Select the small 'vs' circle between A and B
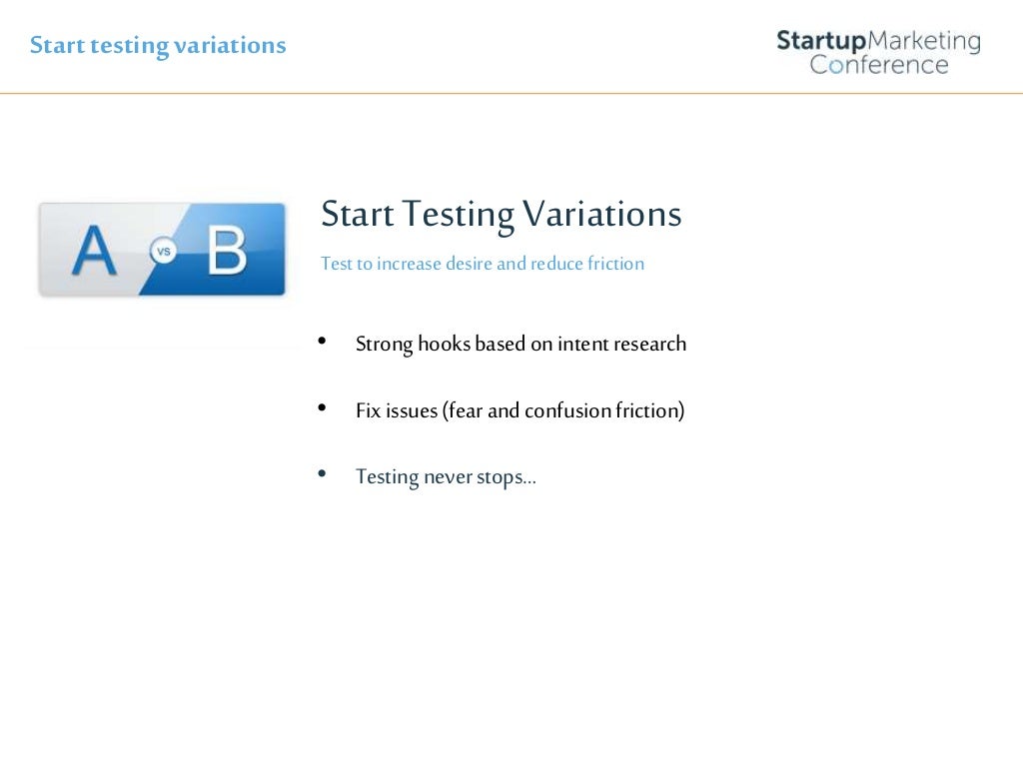coord(162,252)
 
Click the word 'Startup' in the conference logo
coord(820,41)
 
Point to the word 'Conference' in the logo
coord(879,65)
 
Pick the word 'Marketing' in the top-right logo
coord(923,41)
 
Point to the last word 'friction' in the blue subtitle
coord(614,264)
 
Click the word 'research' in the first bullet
coord(648,345)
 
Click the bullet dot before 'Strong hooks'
coord(322,342)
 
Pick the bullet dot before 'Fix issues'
coord(322,407)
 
